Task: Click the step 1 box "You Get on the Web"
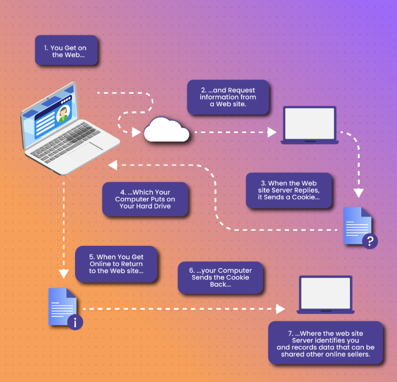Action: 66,51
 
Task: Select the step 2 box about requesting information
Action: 228,97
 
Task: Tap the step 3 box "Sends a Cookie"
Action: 288,190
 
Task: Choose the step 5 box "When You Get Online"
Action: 116,264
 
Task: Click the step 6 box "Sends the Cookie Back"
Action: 220,278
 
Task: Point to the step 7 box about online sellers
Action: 326,342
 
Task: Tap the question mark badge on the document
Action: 370,241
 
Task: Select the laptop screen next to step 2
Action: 310,123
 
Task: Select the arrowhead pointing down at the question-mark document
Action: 359,193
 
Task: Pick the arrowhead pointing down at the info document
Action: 63,274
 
